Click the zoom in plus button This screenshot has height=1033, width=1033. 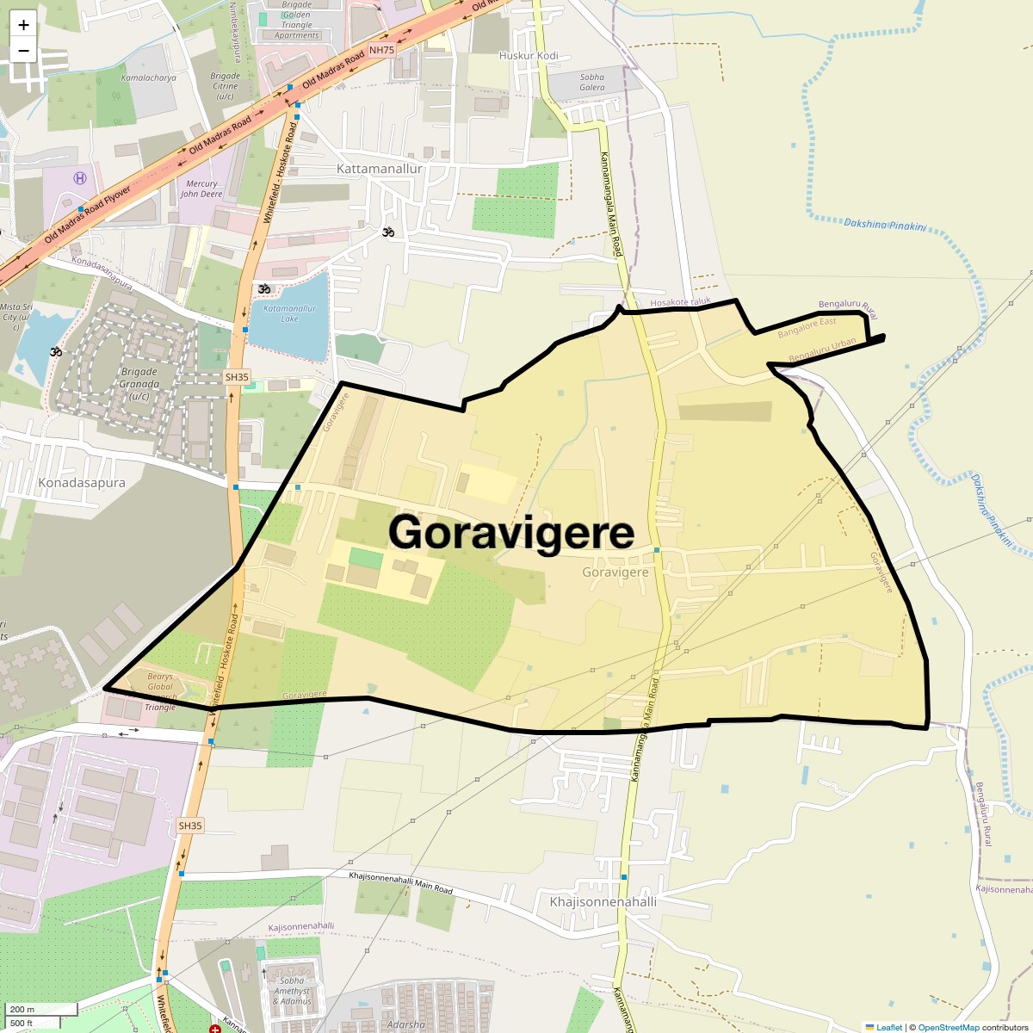pyautogui.click(x=23, y=25)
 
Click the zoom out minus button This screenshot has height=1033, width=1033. pyautogui.click(x=23, y=50)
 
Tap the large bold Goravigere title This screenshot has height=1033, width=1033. pyautogui.click(x=511, y=532)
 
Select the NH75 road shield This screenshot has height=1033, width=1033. pyautogui.click(x=381, y=50)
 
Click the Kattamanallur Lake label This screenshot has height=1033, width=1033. pyautogui.click(x=289, y=313)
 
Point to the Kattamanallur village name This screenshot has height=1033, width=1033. pyautogui.click(x=380, y=169)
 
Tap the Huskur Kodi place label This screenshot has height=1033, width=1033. pyautogui.click(x=529, y=56)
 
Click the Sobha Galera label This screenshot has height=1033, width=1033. pyautogui.click(x=592, y=82)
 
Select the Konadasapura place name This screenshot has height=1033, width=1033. pyautogui.click(x=82, y=483)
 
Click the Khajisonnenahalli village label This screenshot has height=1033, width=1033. pyautogui.click(x=603, y=902)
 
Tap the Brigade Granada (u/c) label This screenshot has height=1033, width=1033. pyautogui.click(x=139, y=384)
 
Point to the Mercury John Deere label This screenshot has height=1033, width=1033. pyautogui.click(x=201, y=189)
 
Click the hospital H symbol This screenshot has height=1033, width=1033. pyautogui.click(x=80, y=178)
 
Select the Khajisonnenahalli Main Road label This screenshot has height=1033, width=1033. pyautogui.click(x=400, y=881)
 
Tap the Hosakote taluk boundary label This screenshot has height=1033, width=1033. pyautogui.click(x=680, y=302)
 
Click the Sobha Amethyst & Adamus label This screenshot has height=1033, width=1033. pyautogui.click(x=293, y=991)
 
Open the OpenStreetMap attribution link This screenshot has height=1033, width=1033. pyautogui.click(x=948, y=1027)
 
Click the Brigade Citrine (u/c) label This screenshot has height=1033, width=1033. pyautogui.click(x=226, y=86)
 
